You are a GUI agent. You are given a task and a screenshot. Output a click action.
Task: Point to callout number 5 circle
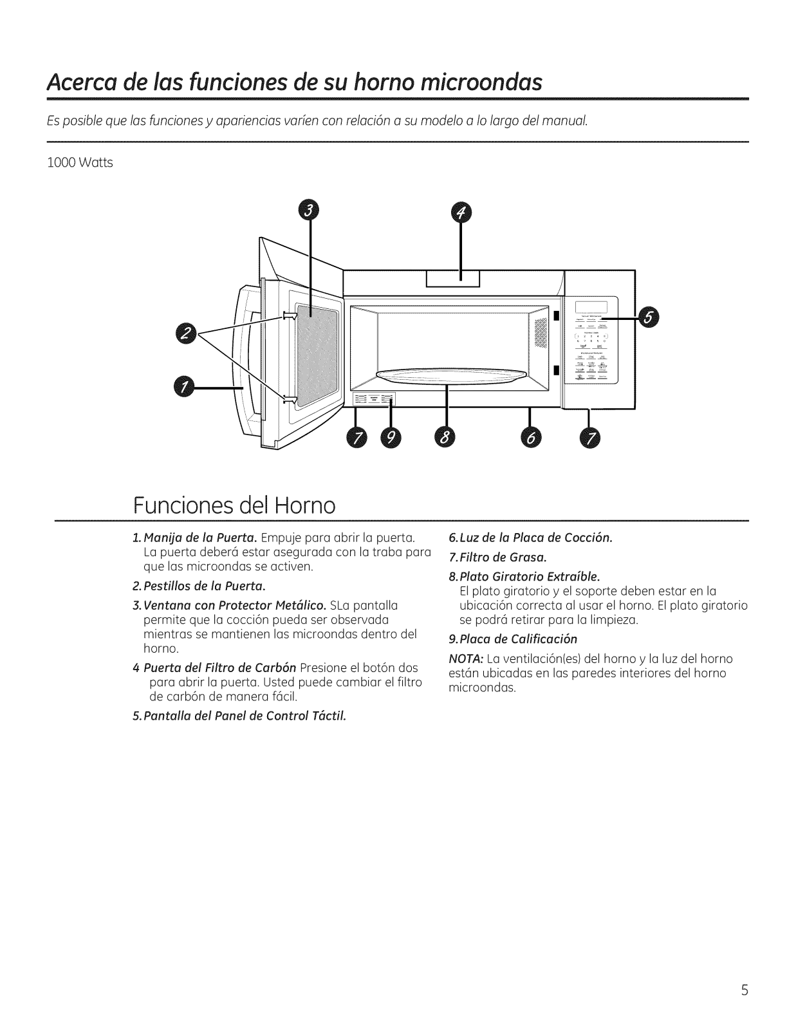651,318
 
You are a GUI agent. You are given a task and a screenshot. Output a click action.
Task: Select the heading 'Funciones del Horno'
234,505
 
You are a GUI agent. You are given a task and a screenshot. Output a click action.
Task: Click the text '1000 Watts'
80,163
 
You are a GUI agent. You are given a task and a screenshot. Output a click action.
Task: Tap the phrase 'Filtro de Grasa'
503,556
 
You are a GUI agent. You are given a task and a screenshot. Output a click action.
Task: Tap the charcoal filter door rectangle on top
452,279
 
